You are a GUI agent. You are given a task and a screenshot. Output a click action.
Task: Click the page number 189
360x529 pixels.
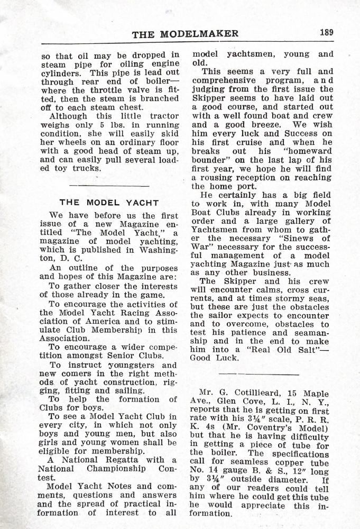click(326, 32)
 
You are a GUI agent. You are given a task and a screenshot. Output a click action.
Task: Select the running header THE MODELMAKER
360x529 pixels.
click(185, 34)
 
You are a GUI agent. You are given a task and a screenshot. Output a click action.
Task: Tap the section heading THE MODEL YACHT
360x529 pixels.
click(109, 203)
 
